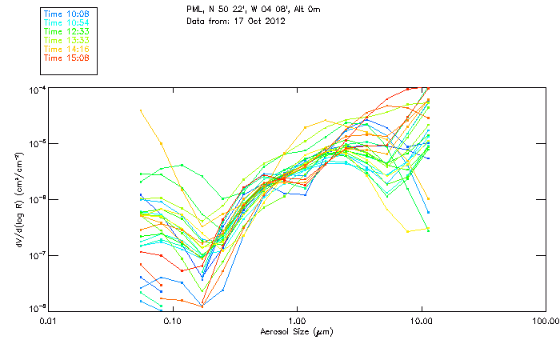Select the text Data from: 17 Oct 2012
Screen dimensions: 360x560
(236, 21)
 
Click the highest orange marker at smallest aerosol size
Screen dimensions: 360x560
(141, 110)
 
